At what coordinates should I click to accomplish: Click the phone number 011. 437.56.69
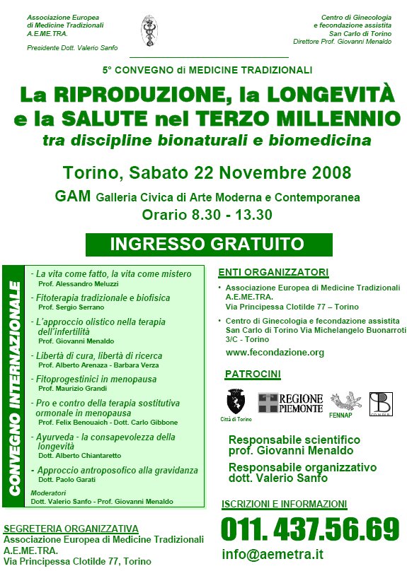click(310, 529)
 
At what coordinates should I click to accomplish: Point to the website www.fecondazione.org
click(275, 352)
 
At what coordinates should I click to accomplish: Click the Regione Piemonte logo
click(290, 403)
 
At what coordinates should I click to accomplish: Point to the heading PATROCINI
click(253, 373)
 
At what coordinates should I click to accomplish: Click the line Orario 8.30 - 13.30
click(207, 215)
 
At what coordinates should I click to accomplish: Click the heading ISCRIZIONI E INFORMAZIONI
click(285, 504)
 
